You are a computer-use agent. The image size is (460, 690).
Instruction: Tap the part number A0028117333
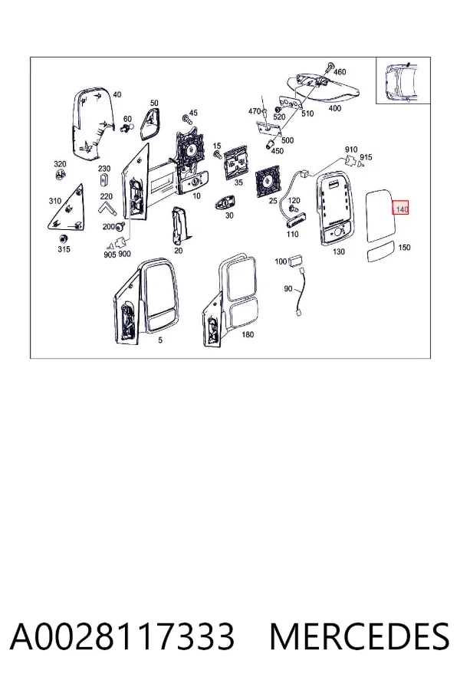pyautogui.click(x=123, y=636)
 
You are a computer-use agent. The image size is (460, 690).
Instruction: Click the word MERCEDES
pyautogui.click(x=360, y=636)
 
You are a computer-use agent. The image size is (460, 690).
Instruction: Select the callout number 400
pyautogui.click(x=334, y=108)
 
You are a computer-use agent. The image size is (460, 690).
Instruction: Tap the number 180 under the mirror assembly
pyautogui.click(x=248, y=334)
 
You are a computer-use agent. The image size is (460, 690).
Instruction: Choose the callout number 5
pyautogui.click(x=160, y=340)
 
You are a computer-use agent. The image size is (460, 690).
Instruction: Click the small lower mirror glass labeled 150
pyautogui.click(x=381, y=251)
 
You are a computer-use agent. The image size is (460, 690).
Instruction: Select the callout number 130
pyautogui.click(x=339, y=251)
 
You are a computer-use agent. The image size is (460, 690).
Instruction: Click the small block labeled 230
pyautogui.click(x=104, y=180)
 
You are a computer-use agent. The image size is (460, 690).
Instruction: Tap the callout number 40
pyautogui.click(x=117, y=94)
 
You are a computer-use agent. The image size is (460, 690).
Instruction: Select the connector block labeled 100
pyautogui.click(x=294, y=261)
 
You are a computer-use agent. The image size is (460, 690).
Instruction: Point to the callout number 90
pyautogui.click(x=288, y=289)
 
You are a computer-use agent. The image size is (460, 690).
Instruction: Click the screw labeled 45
pyautogui.click(x=186, y=118)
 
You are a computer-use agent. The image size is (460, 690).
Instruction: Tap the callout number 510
pyautogui.click(x=307, y=113)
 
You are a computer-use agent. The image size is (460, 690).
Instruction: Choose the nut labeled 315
pyautogui.click(x=63, y=239)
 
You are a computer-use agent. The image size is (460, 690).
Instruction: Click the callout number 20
pyautogui.click(x=179, y=251)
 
